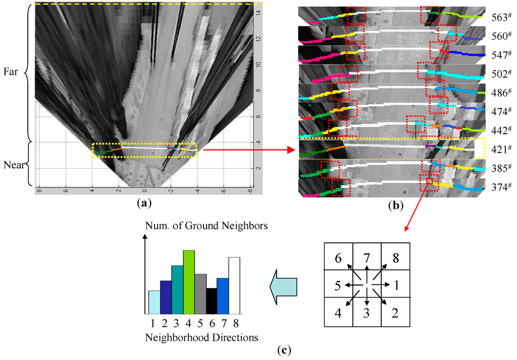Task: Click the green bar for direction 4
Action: click(188, 281)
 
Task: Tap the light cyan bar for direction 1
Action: click(154, 301)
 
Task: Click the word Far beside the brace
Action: click(11, 72)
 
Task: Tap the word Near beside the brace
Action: click(12, 165)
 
